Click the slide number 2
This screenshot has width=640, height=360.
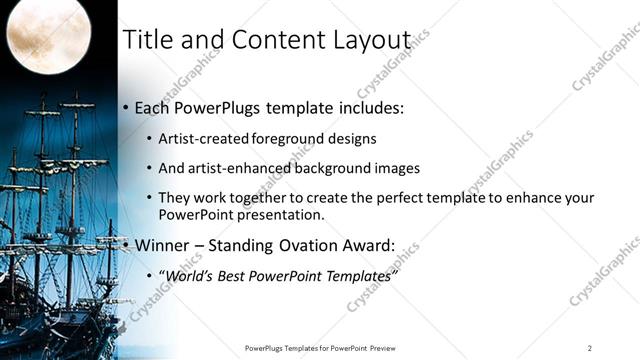point(590,348)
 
